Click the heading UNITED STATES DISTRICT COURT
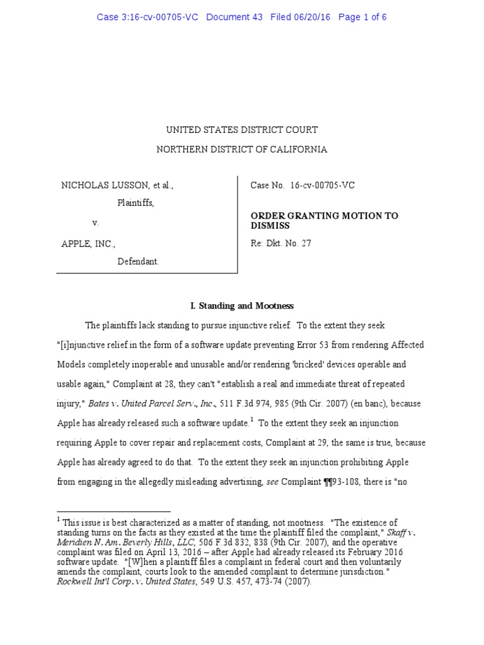pyautogui.click(x=242, y=130)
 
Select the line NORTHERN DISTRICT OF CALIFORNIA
pyautogui.click(x=242, y=150)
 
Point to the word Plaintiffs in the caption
pyautogui.click(x=135, y=203)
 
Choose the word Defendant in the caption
pyautogui.click(x=138, y=261)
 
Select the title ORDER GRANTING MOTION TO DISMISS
pyautogui.click(x=324, y=220)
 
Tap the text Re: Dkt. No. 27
pyautogui.click(x=281, y=243)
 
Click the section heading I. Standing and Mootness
pyautogui.click(x=242, y=306)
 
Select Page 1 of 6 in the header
pyautogui.click(x=362, y=17)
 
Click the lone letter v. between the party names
pyautogui.click(x=96, y=223)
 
